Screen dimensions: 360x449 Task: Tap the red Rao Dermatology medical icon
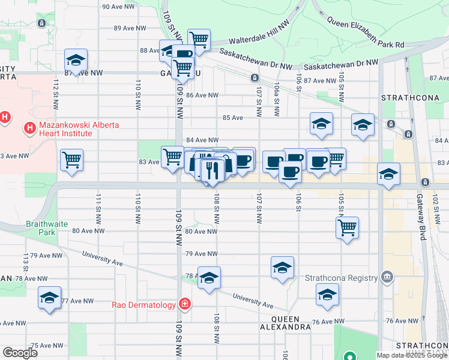186,304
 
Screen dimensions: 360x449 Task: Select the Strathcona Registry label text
341,278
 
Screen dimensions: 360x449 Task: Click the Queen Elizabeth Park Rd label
365,32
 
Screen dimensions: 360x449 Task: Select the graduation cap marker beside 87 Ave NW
76,60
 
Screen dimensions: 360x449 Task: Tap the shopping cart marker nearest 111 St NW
71,160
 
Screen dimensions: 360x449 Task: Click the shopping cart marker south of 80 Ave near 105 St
347,227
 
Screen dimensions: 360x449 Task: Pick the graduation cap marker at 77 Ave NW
49,297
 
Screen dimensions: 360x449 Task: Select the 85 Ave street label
232,118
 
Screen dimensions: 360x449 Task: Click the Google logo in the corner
20,352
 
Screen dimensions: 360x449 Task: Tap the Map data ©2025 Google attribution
411,355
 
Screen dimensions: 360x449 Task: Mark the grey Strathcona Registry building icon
387,277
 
